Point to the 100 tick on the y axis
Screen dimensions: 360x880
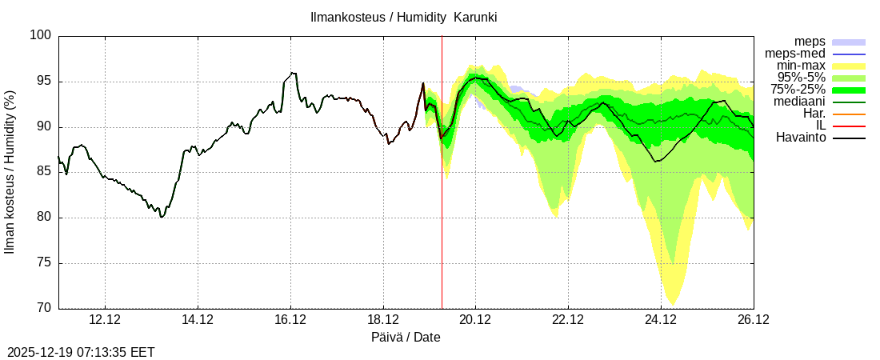click(42, 35)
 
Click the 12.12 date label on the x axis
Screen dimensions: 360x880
click(105, 320)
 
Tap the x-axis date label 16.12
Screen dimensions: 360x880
click(290, 320)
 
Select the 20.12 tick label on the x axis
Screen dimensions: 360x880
click(475, 320)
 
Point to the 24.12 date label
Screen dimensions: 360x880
click(661, 320)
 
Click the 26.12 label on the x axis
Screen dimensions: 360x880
click(753, 320)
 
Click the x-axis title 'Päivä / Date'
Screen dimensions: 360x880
click(406, 337)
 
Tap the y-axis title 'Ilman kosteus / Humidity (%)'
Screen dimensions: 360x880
click(10, 172)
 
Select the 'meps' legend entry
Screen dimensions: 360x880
click(810, 42)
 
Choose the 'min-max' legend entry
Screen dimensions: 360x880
click(800, 66)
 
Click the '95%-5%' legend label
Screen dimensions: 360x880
click(801, 78)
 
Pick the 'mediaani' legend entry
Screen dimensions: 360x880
click(799, 102)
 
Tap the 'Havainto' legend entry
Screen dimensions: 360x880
click(801, 138)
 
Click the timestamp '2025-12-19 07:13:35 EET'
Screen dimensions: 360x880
click(81, 352)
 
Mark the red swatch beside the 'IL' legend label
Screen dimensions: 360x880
click(849, 126)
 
